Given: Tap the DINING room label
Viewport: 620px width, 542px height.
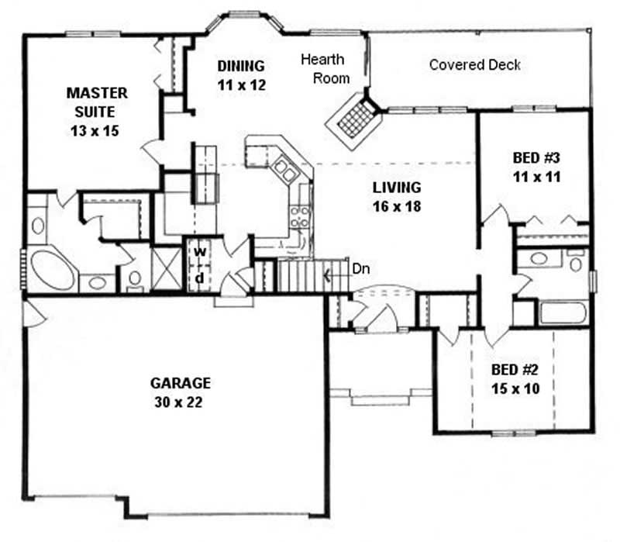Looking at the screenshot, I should coord(241,66).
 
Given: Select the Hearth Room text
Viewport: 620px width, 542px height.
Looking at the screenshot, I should coord(325,68).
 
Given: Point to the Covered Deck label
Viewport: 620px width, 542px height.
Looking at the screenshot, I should coord(475,65).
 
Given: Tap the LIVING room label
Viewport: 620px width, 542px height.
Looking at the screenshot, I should coord(396,188).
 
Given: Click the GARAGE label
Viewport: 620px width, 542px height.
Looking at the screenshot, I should coord(181,383).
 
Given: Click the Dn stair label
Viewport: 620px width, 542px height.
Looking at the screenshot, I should coord(360,270).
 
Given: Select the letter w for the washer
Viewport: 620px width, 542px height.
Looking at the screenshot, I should coord(198,252).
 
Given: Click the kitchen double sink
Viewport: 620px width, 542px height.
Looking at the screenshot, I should coord(283,171).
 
